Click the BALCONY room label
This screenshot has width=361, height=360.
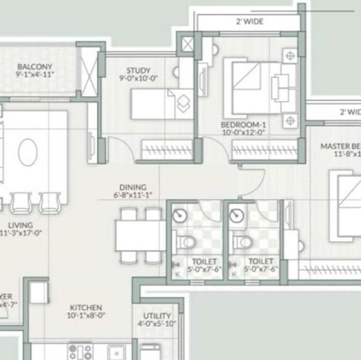pyautogui.click(x=35, y=66)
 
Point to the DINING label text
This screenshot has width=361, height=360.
pyautogui.click(x=133, y=188)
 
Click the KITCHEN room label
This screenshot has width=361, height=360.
pyautogui.click(x=86, y=308)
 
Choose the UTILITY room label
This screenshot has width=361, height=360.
pyautogui.click(x=157, y=316)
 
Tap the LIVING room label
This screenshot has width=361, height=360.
pyautogui.click(x=20, y=225)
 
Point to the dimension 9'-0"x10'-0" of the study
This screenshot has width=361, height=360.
pyautogui.click(x=139, y=79)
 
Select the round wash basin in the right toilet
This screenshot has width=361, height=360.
pyautogui.click(x=236, y=216)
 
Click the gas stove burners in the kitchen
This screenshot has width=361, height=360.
pyautogui.click(x=80, y=352)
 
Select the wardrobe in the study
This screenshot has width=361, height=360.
pyautogui.click(x=166, y=151)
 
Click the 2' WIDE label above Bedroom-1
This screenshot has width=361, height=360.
pyautogui.click(x=249, y=21)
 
